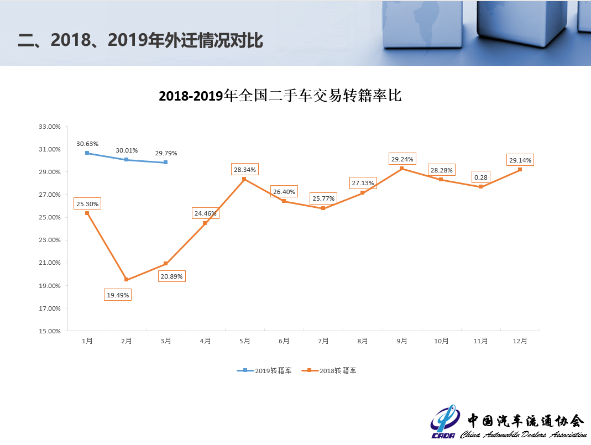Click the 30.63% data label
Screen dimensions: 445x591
(87, 144)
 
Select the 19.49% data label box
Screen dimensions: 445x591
(118, 295)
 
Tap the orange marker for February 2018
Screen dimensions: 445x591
(127, 280)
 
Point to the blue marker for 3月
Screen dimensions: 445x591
(165, 163)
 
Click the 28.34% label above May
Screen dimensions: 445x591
(245, 170)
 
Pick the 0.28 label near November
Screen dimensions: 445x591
(480, 177)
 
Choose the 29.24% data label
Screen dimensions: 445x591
(402, 159)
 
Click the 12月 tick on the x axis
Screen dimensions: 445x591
(520, 341)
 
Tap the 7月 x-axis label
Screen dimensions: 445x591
(323, 341)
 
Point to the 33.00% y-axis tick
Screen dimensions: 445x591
(50, 127)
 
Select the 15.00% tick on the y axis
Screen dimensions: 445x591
(50, 331)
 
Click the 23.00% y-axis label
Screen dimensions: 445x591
(50, 240)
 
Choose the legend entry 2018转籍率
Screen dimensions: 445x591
(332, 370)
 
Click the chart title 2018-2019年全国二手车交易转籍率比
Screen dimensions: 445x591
(280, 96)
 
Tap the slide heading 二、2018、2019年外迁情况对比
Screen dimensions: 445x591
(140, 40)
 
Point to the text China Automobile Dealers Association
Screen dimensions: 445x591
(523, 434)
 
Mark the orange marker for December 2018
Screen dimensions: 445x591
(520, 170)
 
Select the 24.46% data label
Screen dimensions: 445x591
(206, 213)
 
